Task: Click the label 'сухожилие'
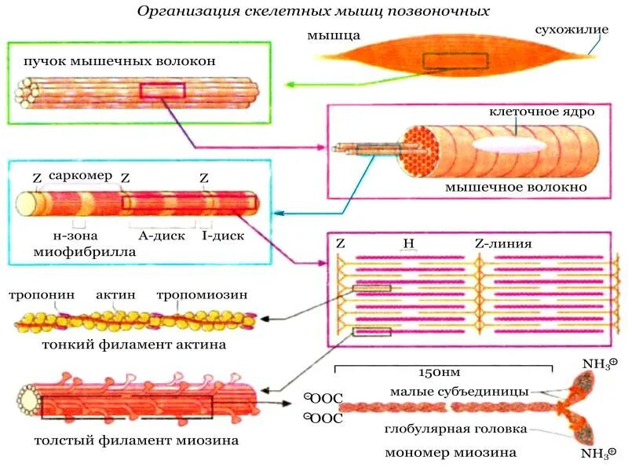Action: tap(571, 31)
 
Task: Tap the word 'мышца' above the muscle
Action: tap(334, 35)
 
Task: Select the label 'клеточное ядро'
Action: tap(541, 111)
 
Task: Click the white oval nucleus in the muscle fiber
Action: tap(506, 144)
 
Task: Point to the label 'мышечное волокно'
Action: tap(516, 188)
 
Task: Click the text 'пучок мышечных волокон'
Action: tap(119, 60)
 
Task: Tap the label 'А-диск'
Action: tap(161, 235)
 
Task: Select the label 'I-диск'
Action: tap(223, 235)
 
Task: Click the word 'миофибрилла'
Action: tap(85, 253)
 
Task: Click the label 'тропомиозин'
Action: tap(202, 295)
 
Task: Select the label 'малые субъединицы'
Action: tap(460, 391)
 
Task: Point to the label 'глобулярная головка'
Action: tap(455, 429)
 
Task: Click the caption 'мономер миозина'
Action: tap(451, 453)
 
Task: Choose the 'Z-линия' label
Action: tap(503, 243)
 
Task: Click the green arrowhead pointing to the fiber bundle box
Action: tap(289, 83)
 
